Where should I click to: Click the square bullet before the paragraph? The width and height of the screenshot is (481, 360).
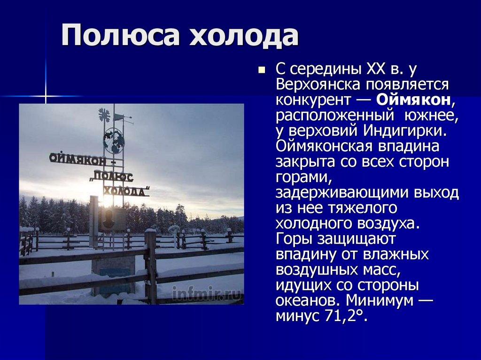coord(262,70)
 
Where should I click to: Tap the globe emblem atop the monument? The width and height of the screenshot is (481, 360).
coord(114,141)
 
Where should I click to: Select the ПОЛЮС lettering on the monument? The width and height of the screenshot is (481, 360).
coord(114,176)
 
